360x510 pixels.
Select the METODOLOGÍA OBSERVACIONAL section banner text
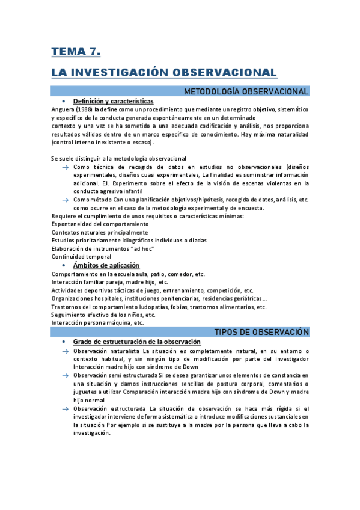[x=246, y=91]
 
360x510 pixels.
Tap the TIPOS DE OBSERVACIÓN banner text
[x=261, y=332]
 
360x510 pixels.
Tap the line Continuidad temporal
[x=81, y=257]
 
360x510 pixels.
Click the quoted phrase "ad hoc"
[x=144, y=248]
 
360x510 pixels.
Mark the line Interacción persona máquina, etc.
[x=97, y=322]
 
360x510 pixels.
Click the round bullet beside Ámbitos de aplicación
[x=64, y=265]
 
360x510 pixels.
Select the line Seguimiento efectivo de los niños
[x=103, y=315]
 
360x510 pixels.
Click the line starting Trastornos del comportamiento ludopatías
[x=159, y=306]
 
